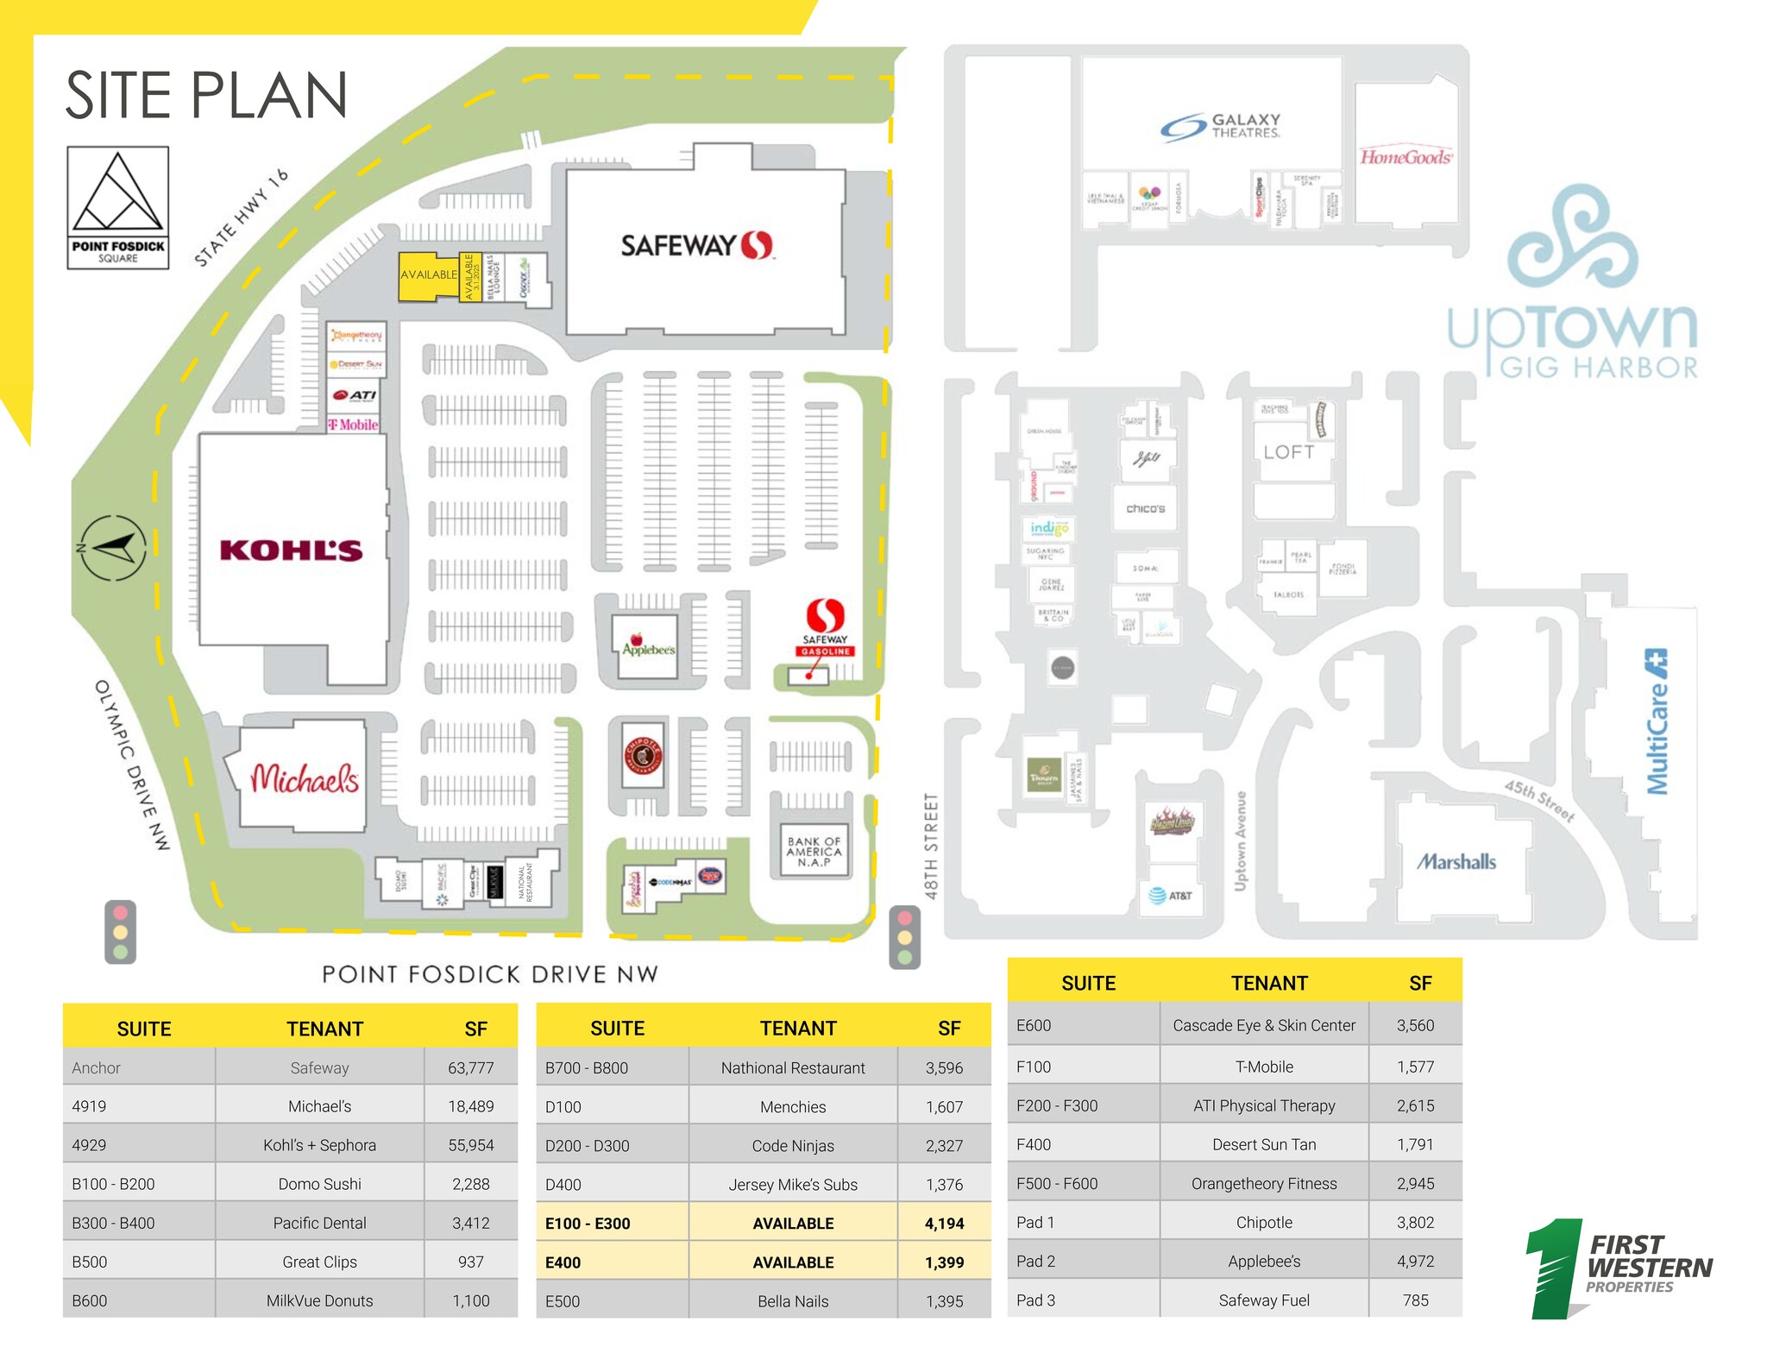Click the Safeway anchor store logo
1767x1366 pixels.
697,246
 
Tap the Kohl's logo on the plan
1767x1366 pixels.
291,551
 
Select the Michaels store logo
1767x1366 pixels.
304,779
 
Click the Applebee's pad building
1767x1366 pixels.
648,645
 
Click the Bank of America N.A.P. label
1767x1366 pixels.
813,852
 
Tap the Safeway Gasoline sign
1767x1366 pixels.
826,627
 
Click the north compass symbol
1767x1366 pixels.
113,547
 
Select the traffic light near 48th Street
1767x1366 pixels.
904,937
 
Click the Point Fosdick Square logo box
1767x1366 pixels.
118,208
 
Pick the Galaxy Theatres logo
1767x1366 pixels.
1220,127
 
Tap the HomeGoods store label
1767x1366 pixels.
1406,157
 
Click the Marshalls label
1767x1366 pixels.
1456,861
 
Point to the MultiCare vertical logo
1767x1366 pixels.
1657,721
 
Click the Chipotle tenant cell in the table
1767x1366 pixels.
1263,1222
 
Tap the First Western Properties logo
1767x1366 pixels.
1619,1268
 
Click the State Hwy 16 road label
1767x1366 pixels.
241,217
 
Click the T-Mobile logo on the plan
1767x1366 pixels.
353,425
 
